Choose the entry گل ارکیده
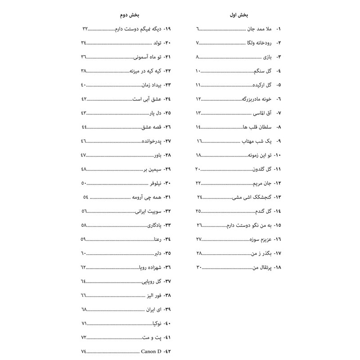(261, 85)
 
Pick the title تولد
(155, 43)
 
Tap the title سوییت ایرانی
(148, 211)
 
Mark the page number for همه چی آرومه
(85, 198)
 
